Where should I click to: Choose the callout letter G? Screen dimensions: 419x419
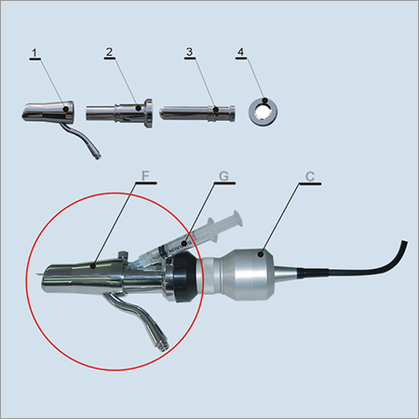[x=224, y=175]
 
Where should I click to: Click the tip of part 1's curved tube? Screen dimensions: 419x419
[x=99, y=155]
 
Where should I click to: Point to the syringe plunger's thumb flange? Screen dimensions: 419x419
[x=239, y=219]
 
